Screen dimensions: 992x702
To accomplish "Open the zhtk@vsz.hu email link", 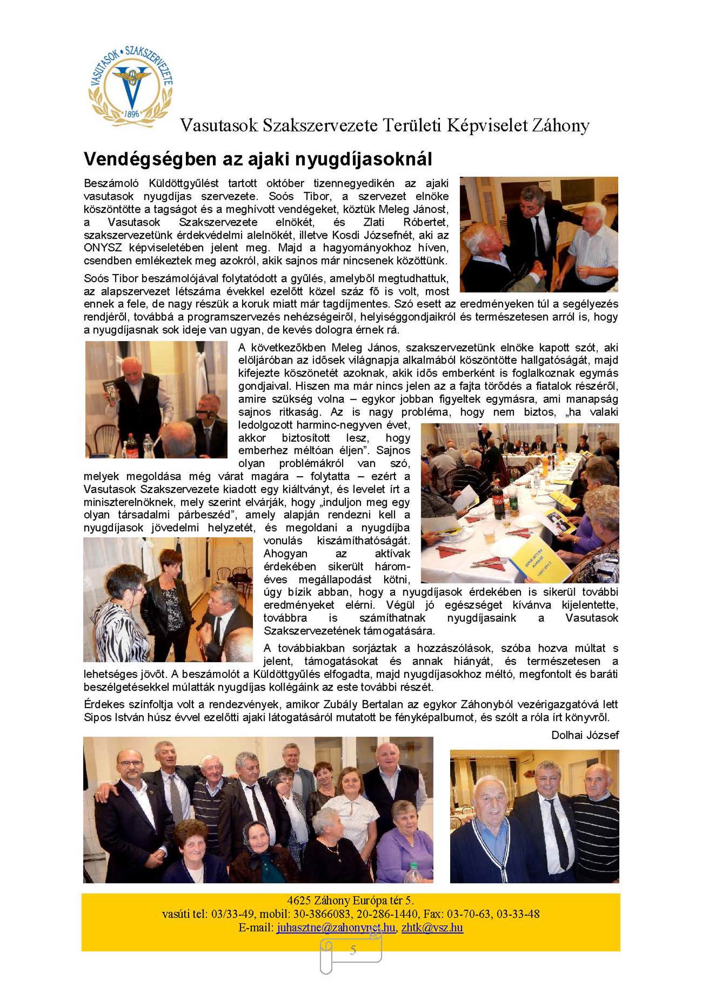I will click(432, 927).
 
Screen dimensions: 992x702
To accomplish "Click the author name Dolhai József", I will click(585, 735).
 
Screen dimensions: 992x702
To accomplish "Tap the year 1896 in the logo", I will click(132, 114).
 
